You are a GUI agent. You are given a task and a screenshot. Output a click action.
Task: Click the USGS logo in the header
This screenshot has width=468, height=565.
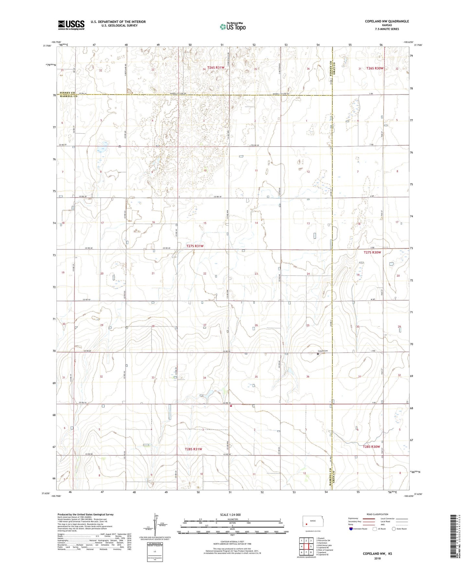(71, 25)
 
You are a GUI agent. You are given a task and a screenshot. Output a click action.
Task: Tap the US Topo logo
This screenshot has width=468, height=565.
(233, 27)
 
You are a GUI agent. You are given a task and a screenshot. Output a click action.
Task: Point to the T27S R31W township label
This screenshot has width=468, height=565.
(195, 246)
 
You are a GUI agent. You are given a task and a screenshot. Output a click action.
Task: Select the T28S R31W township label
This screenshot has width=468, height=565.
(193, 449)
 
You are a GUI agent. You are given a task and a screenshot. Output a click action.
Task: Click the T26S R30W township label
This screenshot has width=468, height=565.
(375, 68)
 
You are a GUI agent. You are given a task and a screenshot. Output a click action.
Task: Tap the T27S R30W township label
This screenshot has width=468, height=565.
(372, 252)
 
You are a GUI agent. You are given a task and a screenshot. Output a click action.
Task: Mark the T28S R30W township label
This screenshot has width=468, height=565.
(371, 447)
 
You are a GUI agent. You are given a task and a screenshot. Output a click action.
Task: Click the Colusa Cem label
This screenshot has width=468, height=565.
(323, 351)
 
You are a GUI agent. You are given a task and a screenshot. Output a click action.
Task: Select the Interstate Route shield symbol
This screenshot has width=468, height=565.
(351, 529)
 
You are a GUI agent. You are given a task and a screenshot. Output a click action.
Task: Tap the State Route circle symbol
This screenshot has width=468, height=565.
(394, 529)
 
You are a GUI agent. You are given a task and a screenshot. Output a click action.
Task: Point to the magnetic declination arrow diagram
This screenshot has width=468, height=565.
(157, 525)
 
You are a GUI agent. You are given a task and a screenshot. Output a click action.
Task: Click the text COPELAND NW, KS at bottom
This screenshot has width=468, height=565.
(377, 554)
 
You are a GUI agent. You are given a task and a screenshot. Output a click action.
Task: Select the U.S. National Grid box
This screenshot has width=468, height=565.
(154, 550)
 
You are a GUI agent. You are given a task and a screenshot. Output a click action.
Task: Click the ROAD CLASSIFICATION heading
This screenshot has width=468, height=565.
(378, 514)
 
